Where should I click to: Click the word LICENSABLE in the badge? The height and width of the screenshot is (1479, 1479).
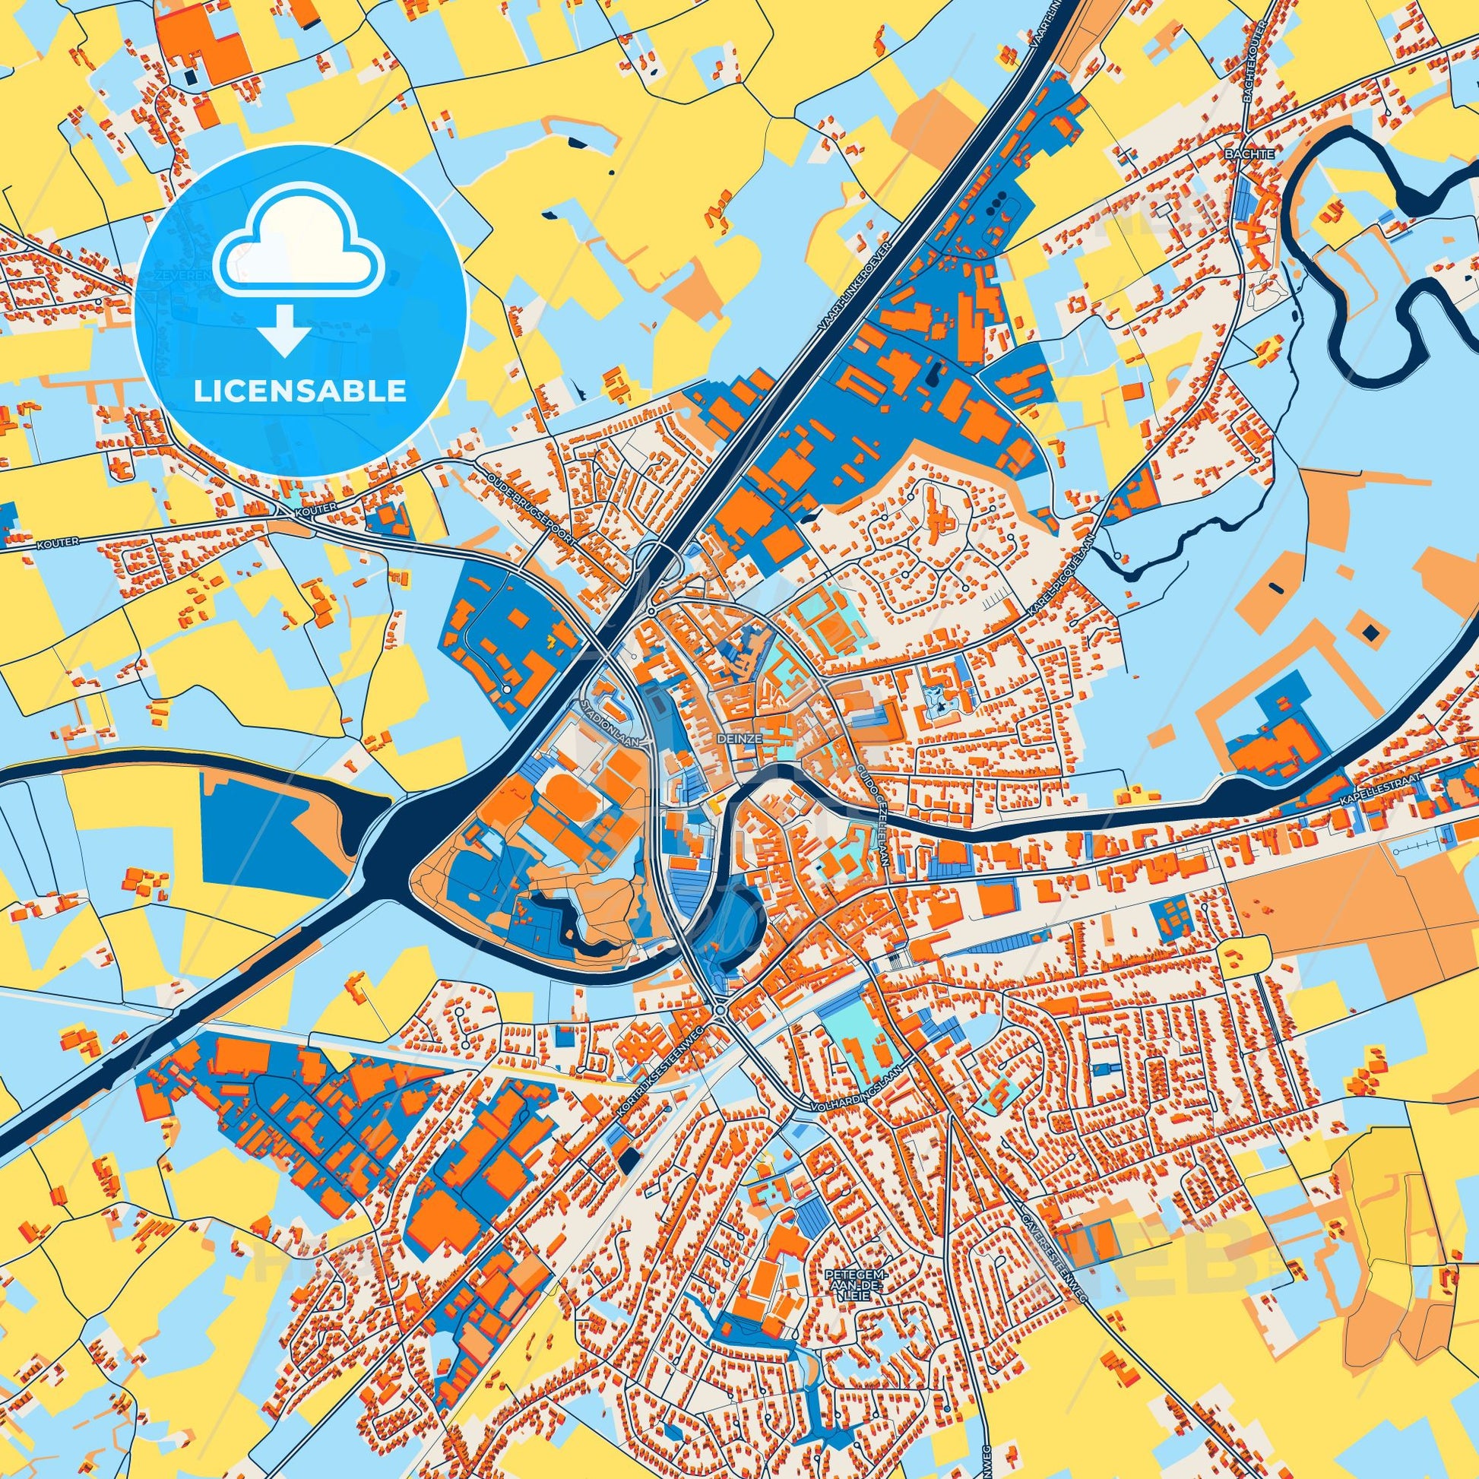tap(300, 392)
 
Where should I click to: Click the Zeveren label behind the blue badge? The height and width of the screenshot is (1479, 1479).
tap(173, 274)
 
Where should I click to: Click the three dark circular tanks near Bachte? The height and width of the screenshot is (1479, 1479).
tap(998, 207)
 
